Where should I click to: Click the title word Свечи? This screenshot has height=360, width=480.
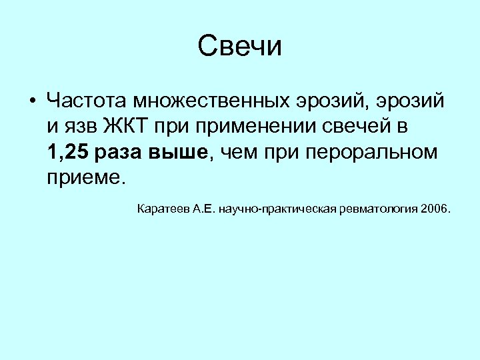[240, 46]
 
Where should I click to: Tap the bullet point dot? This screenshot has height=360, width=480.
[32, 102]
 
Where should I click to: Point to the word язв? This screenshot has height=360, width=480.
[83, 127]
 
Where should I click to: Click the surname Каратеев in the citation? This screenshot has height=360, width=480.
[162, 210]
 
